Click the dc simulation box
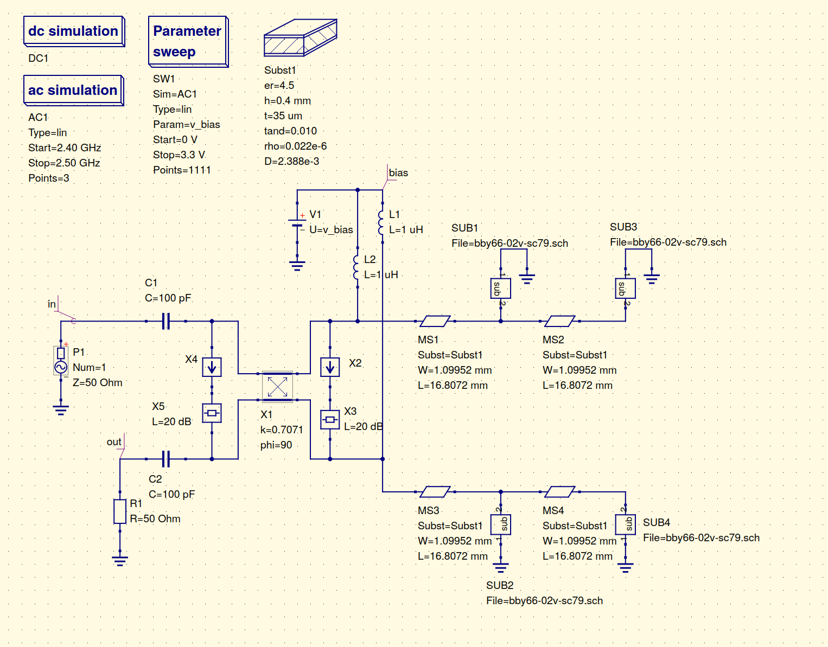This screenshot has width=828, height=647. coord(74,31)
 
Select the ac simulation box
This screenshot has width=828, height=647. coord(74,90)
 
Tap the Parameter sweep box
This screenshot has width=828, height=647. coord(188,42)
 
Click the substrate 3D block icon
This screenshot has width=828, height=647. coord(301,37)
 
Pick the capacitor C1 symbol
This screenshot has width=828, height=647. coord(166,321)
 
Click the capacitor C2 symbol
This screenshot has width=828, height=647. coord(166,459)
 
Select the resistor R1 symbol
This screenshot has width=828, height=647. coord(120,511)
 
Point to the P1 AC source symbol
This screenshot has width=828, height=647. coord(61,360)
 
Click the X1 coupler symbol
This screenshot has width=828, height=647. coord(277,387)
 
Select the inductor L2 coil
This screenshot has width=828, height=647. coord(356,267)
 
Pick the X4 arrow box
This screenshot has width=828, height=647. coord(212,367)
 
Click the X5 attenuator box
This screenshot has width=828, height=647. coord(212,413)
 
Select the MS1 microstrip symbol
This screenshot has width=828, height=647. coord(435,321)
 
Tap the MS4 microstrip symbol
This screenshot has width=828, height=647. coord(560,492)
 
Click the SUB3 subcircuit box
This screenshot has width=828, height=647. coord(625,289)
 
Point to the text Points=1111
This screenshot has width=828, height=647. coord(182,170)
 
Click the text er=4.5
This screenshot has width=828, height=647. coord(279,86)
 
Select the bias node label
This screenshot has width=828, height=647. coord(398,173)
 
